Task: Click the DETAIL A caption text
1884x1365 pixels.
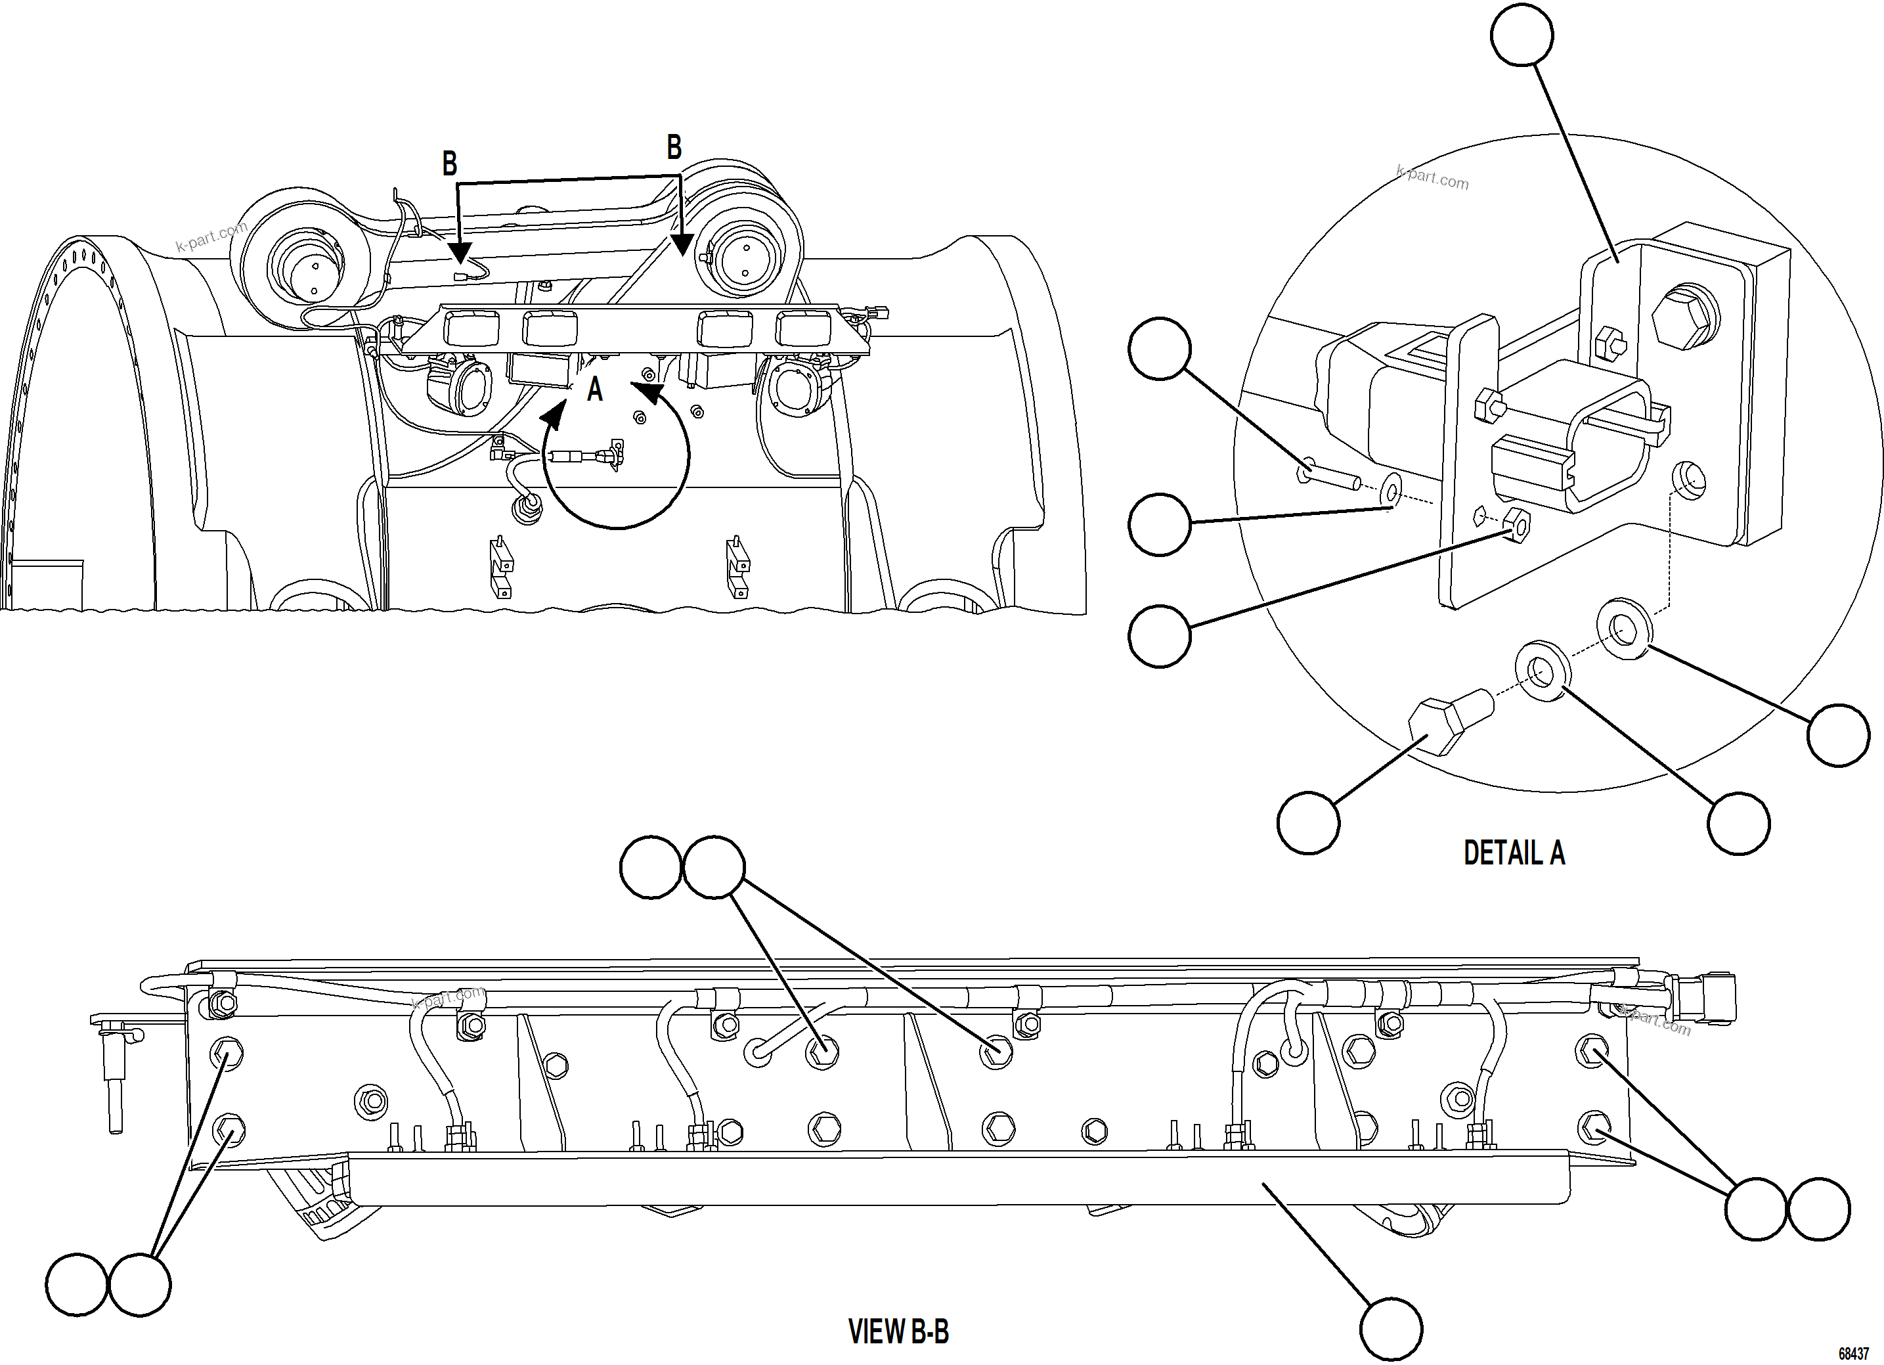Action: point(1514,853)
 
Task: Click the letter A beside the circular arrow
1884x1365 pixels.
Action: point(595,389)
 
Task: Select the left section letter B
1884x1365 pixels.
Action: point(449,163)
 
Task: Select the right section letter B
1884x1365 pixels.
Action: point(674,147)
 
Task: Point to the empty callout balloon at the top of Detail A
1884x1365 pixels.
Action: point(1521,34)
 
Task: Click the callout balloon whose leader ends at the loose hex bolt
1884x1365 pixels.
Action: point(1307,822)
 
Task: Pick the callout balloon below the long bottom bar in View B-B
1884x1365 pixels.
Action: point(1391,1330)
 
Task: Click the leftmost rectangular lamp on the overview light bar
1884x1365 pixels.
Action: point(471,329)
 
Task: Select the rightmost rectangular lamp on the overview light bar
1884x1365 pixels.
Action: point(802,329)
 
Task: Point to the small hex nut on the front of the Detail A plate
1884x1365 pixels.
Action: point(1515,523)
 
